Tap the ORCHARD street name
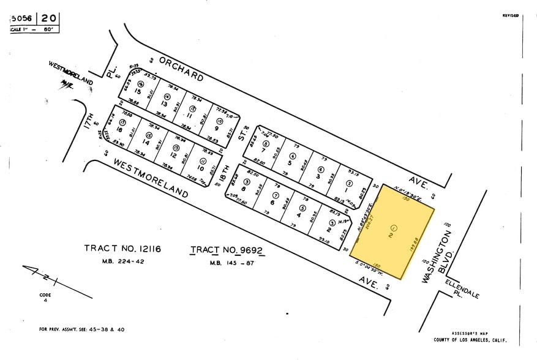pos(181,68)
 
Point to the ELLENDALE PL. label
pos(462,287)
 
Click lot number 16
pos(120,130)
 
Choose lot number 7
pos(264,150)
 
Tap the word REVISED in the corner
pos(510,15)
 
